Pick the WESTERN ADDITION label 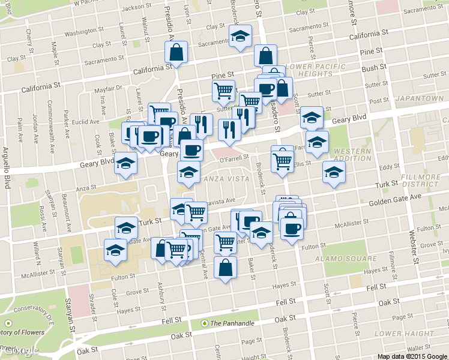click(353, 155)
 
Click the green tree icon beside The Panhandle click(205, 323)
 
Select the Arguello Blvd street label click(7, 169)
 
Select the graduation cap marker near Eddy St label click(334, 172)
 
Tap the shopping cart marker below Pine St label click(223, 91)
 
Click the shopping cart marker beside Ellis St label click(282, 160)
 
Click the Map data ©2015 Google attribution click(412, 356)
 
